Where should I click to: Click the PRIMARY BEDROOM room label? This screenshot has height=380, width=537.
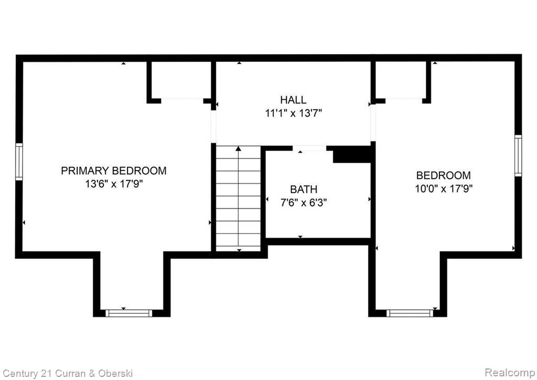click(114, 171)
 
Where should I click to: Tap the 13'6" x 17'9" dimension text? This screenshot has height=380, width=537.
click(114, 184)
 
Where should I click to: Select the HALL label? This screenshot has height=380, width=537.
click(293, 100)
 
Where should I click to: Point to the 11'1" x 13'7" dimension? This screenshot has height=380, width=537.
click(294, 113)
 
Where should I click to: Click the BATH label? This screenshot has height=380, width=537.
click(304, 189)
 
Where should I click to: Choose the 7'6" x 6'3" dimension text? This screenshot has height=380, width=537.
click(304, 203)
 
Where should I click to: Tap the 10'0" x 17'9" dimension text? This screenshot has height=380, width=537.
click(444, 188)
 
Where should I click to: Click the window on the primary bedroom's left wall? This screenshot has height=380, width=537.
click(19, 162)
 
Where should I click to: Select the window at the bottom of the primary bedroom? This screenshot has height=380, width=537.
click(128, 313)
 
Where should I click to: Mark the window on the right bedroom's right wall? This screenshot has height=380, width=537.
click(518, 155)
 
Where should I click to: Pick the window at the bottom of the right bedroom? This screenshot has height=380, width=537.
click(410, 313)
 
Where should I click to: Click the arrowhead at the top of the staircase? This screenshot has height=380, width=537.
click(239, 149)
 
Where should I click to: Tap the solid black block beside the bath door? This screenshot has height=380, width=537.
click(352, 154)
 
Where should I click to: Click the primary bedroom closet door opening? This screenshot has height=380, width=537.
click(182, 100)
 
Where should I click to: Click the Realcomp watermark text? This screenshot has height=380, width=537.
click(510, 372)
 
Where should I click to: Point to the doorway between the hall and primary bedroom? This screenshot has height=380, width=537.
click(213, 126)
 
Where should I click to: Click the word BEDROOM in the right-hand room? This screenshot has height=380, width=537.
click(444, 175)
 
